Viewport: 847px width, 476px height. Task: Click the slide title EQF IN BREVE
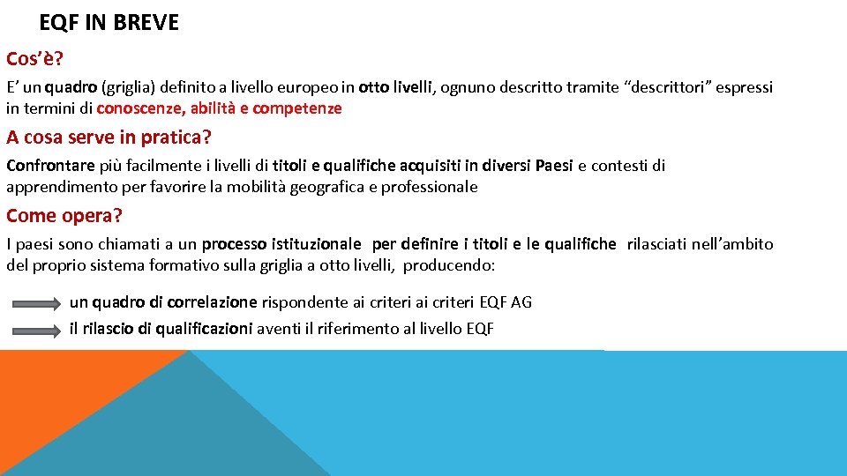click(x=109, y=23)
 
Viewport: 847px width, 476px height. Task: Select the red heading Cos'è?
click(x=35, y=59)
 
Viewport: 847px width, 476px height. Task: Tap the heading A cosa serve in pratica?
click(x=109, y=138)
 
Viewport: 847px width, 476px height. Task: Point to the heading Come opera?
click(x=64, y=216)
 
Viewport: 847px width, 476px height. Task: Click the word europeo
click(x=309, y=87)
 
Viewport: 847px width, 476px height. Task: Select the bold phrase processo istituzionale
click(x=281, y=244)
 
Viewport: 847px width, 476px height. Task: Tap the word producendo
click(x=449, y=265)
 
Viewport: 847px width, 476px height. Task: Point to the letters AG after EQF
click(x=521, y=302)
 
